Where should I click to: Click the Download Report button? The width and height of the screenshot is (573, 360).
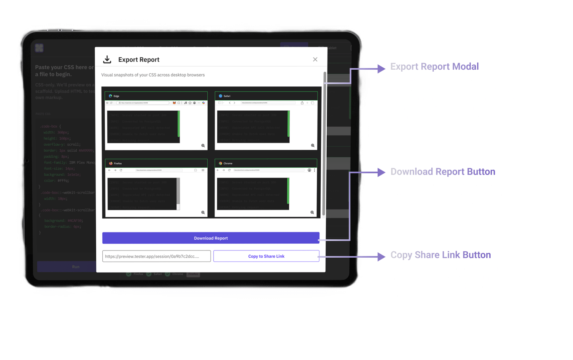point(211,238)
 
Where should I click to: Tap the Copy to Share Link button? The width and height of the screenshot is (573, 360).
point(266,256)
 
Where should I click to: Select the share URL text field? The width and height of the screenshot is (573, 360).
point(156,256)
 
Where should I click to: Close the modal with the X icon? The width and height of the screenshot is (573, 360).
point(315,59)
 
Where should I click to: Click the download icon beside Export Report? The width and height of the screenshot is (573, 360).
point(107,59)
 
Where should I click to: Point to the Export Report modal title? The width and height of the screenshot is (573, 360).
point(138,60)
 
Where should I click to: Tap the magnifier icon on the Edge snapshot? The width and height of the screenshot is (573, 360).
point(203,146)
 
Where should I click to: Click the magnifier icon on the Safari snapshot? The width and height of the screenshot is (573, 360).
point(313,146)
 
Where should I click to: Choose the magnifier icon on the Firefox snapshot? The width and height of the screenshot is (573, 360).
point(203,213)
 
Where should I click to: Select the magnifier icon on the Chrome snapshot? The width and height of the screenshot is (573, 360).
point(312,213)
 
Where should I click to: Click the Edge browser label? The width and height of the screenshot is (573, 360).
point(116,96)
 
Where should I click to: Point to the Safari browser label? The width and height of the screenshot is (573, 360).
point(226,96)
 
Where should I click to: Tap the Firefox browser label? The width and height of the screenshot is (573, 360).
point(117,163)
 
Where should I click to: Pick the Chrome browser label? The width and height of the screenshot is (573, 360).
point(228,163)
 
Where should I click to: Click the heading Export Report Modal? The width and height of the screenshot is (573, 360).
point(435,67)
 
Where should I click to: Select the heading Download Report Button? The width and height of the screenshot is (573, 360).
point(442,172)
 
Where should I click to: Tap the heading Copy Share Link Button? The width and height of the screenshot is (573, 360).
point(440,255)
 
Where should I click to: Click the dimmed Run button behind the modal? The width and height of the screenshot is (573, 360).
point(76,267)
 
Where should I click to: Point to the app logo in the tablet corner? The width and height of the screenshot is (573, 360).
point(39,48)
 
